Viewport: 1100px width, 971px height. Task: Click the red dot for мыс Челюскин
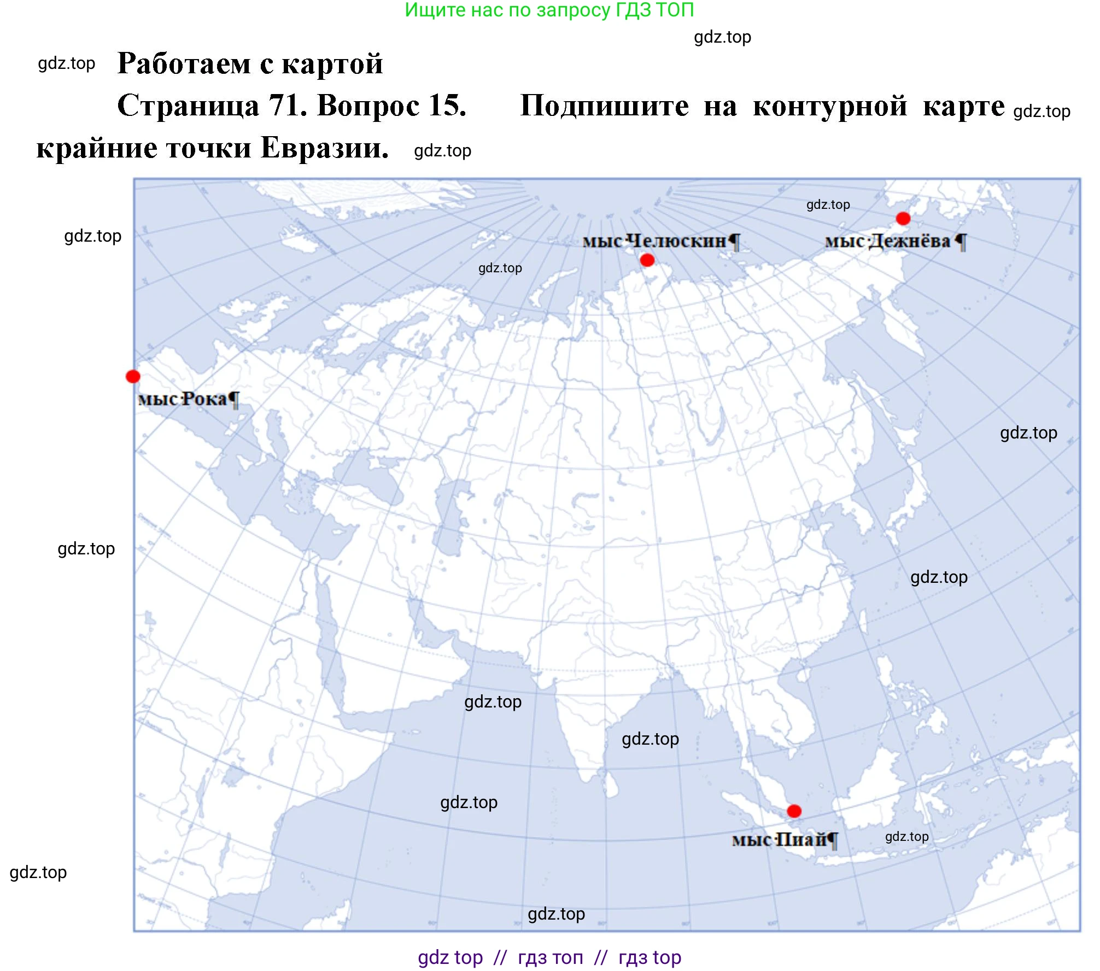click(647, 260)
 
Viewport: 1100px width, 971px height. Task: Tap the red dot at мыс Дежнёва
click(903, 219)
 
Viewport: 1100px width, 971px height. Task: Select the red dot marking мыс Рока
click(133, 376)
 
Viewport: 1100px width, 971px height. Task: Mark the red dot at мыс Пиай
click(794, 811)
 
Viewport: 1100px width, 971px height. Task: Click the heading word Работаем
click(184, 63)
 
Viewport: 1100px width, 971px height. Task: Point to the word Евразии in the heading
click(325, 148)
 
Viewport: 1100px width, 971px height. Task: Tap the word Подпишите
click(604, 106)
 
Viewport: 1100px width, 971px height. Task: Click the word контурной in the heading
click(830, 106)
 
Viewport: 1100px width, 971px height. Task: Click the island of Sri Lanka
click(612, 786)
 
